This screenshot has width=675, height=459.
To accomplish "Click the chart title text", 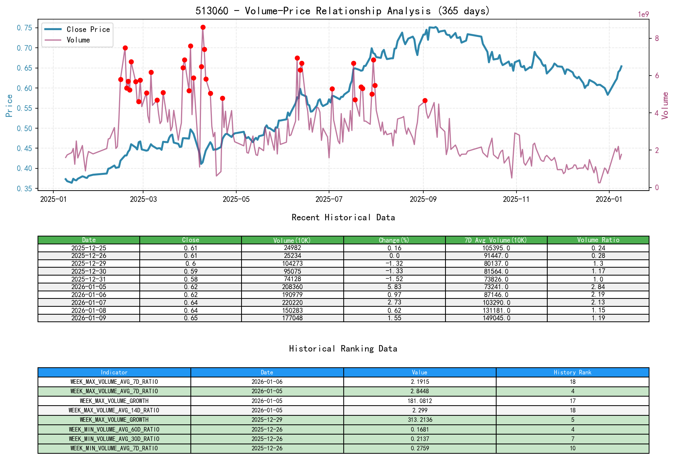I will tap(343, 11).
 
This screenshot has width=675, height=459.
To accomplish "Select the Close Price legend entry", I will tap(88, 29).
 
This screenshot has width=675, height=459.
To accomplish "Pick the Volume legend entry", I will tap(78, 40).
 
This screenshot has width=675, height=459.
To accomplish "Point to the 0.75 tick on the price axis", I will tap(24, 28).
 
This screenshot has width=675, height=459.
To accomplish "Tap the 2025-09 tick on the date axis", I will tap(423, 199).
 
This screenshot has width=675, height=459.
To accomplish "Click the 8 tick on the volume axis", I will tap(657, 38).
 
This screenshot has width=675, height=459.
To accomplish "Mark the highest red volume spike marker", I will tap(203, 27).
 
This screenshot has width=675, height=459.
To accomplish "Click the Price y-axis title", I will tap(9, 106).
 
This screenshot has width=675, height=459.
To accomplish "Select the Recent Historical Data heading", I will tap(343, 217).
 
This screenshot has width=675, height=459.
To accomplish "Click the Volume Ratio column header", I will tap(598, 240).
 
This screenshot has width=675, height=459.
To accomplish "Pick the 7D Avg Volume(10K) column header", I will tap(496, 240).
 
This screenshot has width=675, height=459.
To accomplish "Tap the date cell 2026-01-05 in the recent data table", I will tap(89, 287).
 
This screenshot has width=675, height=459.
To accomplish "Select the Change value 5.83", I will tap(394, 287).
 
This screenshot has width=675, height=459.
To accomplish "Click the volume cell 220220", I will tap(292, 303).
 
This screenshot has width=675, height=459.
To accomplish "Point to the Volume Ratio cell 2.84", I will tap(598, 287).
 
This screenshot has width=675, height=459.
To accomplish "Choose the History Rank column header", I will tap(572, 372).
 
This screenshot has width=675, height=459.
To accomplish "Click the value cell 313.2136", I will tap(420, 420).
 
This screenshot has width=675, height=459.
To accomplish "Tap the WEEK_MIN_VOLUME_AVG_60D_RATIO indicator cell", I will tap(114, 429).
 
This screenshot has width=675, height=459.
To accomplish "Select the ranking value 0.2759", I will tap(420, 448).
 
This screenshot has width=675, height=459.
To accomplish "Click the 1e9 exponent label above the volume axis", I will tap(643, 15).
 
